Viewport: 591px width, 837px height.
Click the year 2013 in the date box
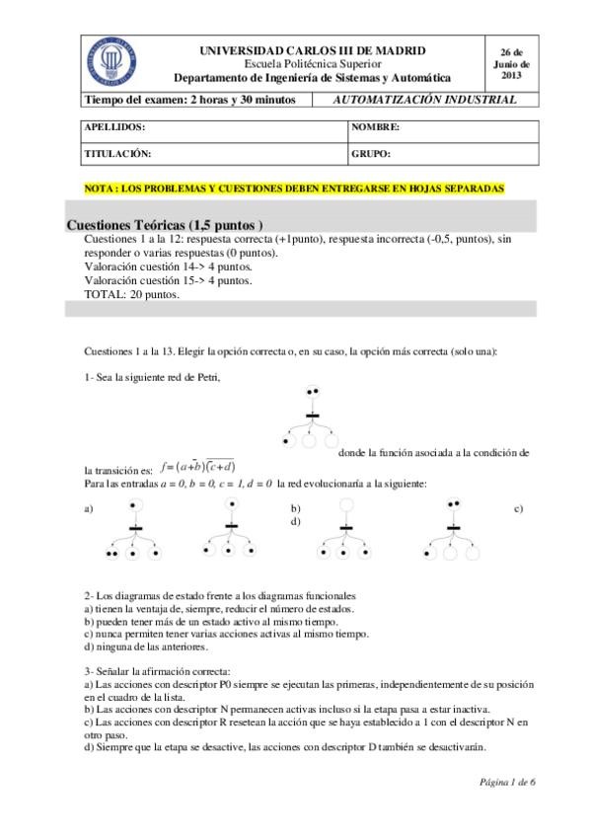tap(511, 75)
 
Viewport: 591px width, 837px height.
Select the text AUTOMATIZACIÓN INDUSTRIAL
tap(425, 100)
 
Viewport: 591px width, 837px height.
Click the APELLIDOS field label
tap(114, 128)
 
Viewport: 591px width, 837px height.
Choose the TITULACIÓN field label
tap(117, 154)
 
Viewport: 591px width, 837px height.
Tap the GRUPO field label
tap(372, 154)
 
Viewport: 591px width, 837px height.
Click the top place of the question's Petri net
tap(314, 392)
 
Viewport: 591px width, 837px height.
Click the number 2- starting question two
tap(89, 596)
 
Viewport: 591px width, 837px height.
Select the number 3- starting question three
tap(89, 669)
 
